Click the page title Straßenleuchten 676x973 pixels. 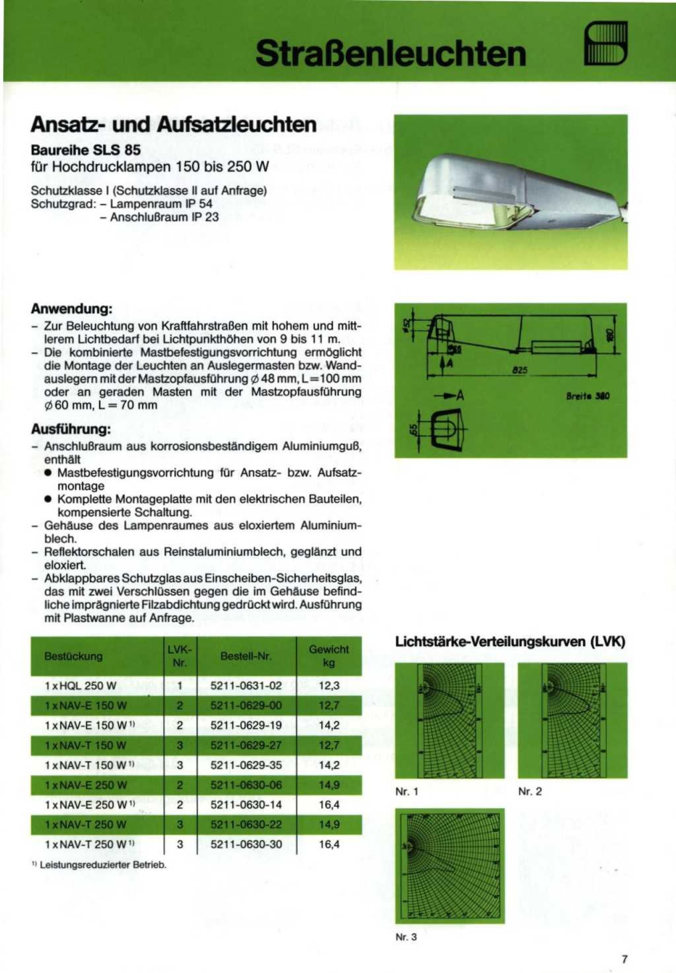click(x=391, y=53)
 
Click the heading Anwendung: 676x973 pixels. click(x=71, y=308)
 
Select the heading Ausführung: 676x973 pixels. click(x=71, y=429)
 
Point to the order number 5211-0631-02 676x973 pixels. click(x=246, y=686)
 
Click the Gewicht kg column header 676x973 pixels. click(x=328, y=656)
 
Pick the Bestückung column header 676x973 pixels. click(x=73, y=656)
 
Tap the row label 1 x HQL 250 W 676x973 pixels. click(x=80, y=686)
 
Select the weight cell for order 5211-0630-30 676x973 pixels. click(x=328, y=844)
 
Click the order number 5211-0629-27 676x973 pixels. click(x=246, y=745)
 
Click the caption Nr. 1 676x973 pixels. click(x=407, y=791)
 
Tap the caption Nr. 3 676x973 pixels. click(x=406, y=937)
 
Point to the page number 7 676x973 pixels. click(x=625, y=959)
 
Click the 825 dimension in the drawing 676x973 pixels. click(x=520, y=371)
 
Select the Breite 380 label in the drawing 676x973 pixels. click(x=588, y=396)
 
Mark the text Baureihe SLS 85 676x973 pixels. click(x=86, y=150)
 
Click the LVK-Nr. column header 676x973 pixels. click(x=180, y=656)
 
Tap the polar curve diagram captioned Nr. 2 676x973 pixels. click(x=572, y=720)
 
